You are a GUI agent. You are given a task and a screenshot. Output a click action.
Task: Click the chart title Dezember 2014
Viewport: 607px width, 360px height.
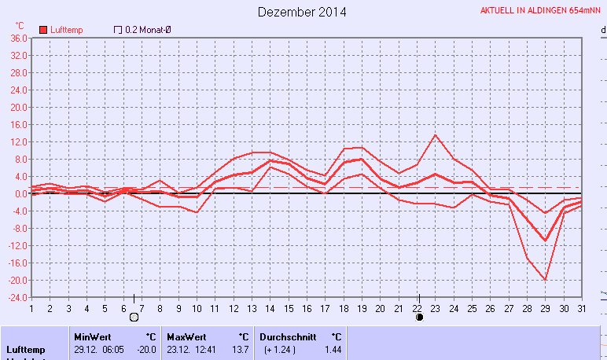click(x=302, y=12)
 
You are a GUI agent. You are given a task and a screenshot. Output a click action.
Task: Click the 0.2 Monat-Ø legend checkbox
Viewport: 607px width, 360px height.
click(x=118, y=30)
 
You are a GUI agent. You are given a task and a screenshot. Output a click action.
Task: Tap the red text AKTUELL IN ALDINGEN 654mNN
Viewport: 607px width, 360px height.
click(x=541, y=11)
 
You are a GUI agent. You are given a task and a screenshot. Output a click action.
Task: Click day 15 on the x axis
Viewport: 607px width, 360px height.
click(x=289, y=308)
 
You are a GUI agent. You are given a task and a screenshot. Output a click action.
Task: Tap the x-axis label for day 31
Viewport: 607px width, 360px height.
click(x=581, y=308)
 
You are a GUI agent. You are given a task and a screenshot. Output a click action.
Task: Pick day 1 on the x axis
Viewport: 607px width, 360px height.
click(x=31, y=308)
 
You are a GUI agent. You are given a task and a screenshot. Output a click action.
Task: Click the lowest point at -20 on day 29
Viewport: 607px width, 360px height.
click(x=544, y=280)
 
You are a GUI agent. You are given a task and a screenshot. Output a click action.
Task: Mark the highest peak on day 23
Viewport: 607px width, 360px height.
click(x=435, y=135)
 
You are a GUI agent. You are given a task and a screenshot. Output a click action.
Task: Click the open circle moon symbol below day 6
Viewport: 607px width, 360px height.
click(x=134, y=317)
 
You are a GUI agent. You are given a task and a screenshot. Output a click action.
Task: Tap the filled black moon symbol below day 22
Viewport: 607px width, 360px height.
click(x=419, y=317)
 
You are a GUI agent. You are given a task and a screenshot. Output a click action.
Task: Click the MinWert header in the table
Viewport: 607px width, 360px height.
click(x=87, y=336)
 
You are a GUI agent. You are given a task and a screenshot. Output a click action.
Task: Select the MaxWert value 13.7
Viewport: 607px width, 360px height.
click(x=239, y=349)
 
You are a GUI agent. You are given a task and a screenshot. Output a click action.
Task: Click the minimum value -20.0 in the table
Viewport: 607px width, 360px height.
click(x=147, y=349)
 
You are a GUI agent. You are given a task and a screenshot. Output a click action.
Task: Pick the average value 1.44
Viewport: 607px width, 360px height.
click(x=333, y=349)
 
